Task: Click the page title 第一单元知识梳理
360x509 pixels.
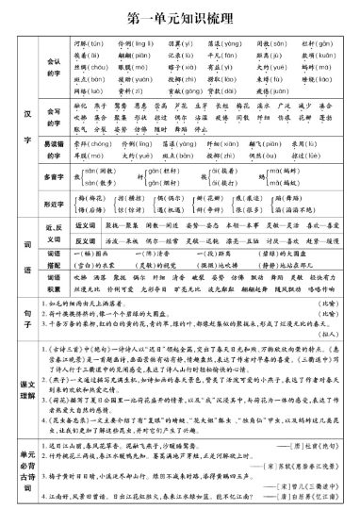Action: click(x=180, y=18)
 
